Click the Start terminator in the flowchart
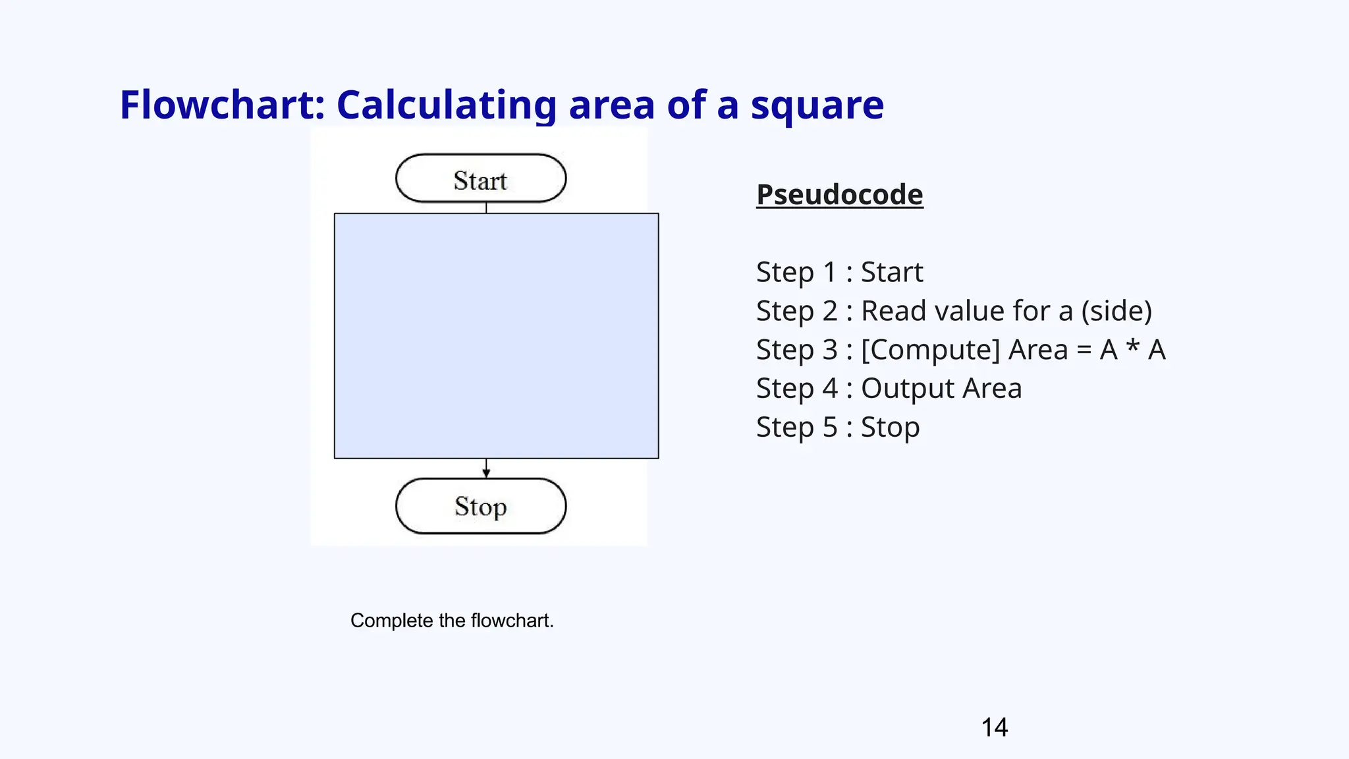click(x=481, y=179)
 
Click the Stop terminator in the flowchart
click(x=481, y=506)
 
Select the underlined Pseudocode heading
click(x=839, y=195)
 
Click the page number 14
click(x=994, y=727)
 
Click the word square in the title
click(x=817, y=106)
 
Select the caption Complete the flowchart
click(x=452, y=621)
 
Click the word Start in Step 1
click(x=892, y=272)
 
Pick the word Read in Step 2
click(x=890, y=311)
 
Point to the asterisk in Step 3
click(x=1133, y=347)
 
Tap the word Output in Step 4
click(x=907, y=389)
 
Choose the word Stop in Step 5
click(x=890, y=428)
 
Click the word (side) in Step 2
click(x=1116, y=311)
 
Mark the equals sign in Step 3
click(x=1084, y=351)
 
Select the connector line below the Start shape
click(x=486, y=208)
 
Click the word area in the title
click(x=612, y=105)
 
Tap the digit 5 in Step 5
click(x=830, y=428)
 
